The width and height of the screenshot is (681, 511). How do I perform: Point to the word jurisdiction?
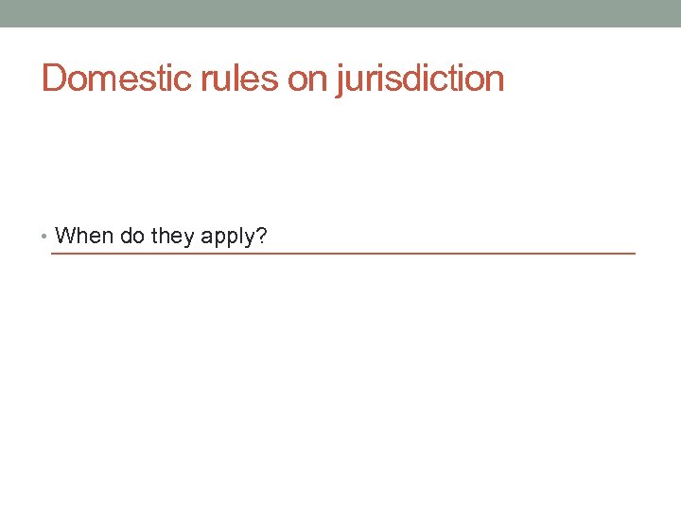tap(420, 79)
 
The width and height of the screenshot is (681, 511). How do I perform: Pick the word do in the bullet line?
tap(132, 236)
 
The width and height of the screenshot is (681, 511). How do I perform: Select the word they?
tap(172, 236)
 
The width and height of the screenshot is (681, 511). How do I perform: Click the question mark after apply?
tap(263, 236)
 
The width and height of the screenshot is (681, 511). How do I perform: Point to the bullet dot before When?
tap(46, 237)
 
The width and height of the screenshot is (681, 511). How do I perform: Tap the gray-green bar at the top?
tap(340, 13)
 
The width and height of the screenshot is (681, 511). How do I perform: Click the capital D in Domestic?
tap(53, 79)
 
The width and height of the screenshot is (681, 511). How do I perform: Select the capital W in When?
tap(67, 236)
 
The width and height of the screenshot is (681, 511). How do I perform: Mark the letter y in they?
tap(187, 238)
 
